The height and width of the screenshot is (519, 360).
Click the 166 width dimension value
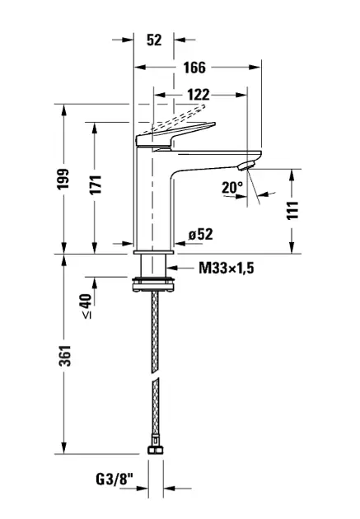click(x=194, y=68)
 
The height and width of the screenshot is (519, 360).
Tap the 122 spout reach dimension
click(x=199, y=95)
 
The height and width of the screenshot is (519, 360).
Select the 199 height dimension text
click(x=63, y=179)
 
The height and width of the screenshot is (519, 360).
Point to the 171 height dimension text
click(x=96, y=184)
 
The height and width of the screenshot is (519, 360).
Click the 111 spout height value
click(x=292, y=210)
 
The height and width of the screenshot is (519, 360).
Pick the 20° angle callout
click(x=232, y=188)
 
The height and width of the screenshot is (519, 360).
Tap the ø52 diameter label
click(x=201, y=234)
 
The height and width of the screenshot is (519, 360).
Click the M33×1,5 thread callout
click(x=227, y=268)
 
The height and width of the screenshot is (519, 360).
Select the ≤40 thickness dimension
click(x=86, y=306)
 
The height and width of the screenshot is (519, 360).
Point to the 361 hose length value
click(x=65, y=356)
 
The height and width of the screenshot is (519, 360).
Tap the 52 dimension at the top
click(x=154, y=40)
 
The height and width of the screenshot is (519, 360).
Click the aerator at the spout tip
click(x=247, y=166)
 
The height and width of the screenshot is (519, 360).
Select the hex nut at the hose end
click(x=155, y=450)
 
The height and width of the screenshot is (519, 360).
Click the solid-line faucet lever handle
click(x=175, y=135)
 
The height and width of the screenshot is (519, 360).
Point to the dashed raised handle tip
click(x=202, y=106)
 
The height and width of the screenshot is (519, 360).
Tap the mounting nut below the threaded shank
click(x=153, y=284)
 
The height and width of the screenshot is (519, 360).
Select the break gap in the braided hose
click(x=155, y=373)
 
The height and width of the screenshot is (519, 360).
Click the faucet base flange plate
click(x=153, y=253)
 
